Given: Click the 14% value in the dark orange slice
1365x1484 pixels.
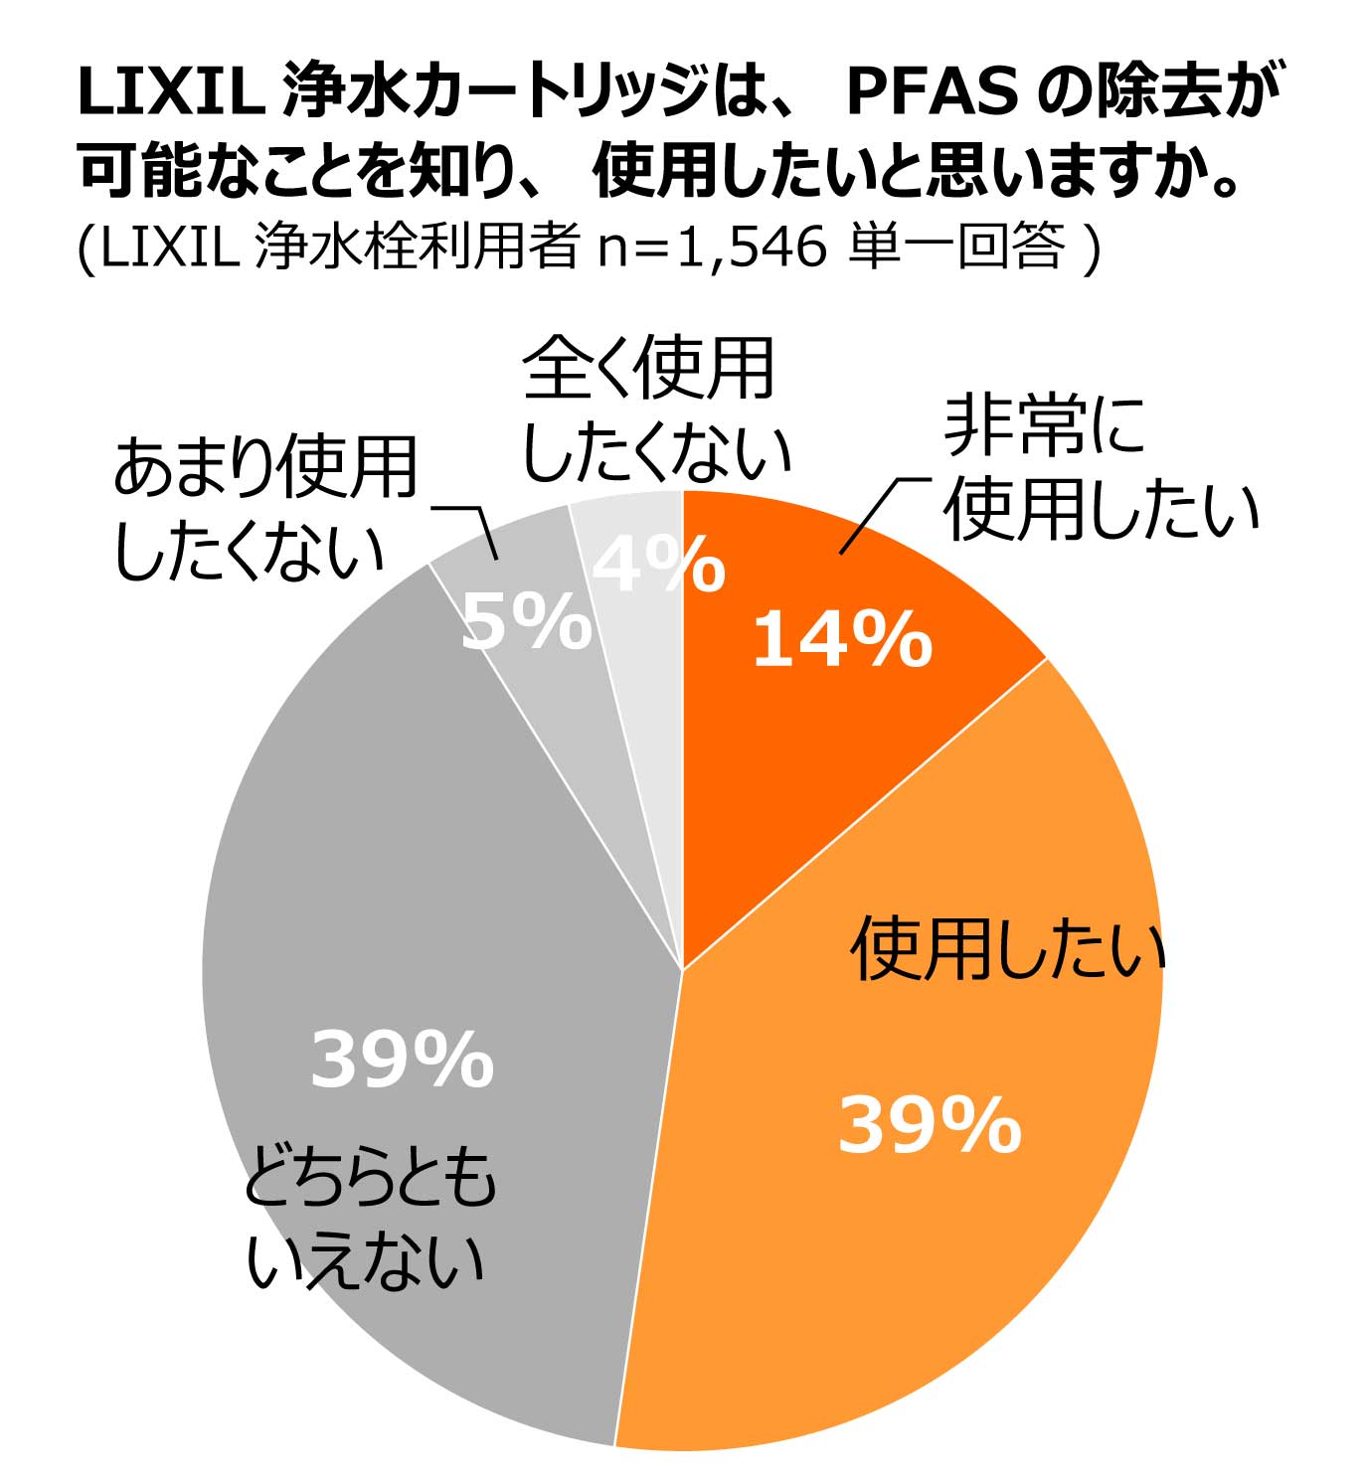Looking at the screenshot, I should (842, 640).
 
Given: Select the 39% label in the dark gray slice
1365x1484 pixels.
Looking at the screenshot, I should (403, 1061).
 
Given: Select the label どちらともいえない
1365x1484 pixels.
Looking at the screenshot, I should (369, 1220).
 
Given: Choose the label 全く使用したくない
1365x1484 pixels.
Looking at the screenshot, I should (655, 411).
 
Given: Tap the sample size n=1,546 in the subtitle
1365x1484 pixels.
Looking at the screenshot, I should (712, 246).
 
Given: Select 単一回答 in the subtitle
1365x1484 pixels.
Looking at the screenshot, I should (957, 246).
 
